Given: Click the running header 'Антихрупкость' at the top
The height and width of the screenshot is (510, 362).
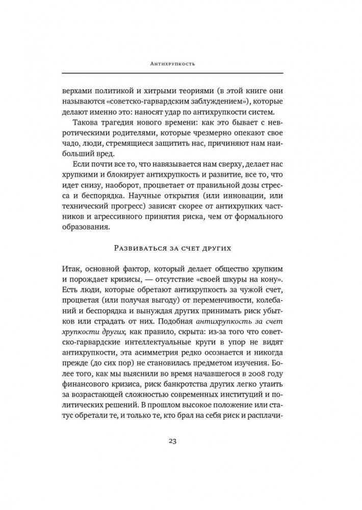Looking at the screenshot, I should (x=181, y=65).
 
